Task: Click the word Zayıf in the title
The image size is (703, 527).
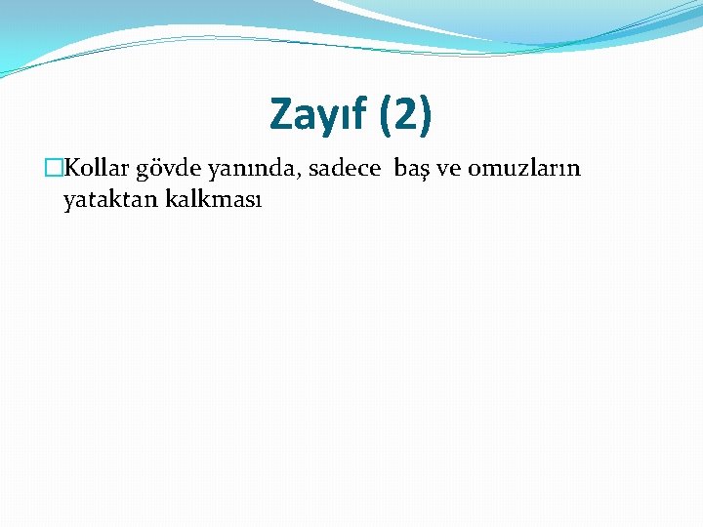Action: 317,115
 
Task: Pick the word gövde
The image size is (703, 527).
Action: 167,169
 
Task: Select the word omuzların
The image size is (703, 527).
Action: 524,169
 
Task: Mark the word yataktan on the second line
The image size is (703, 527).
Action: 107,201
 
